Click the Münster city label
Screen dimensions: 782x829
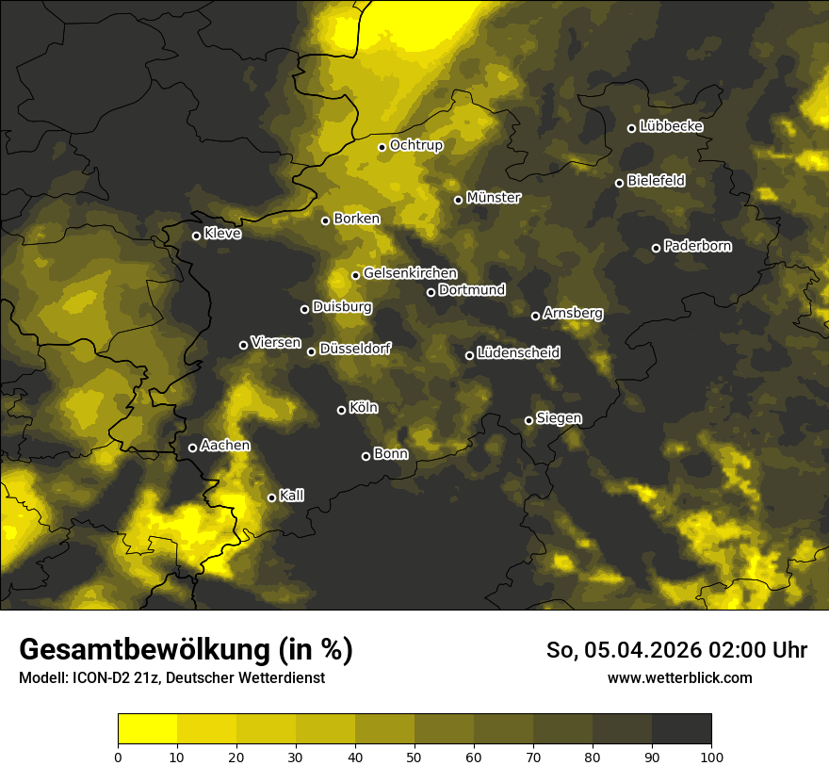[494, 198]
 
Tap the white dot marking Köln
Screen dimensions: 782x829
[341, 410]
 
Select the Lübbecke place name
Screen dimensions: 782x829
[671, 126]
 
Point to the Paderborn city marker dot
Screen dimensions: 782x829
[656, 248]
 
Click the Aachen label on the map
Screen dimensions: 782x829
[225, 446]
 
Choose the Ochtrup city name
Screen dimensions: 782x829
[416, 145]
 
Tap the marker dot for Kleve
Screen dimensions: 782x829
[196, 236]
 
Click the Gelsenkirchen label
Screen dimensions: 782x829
[410, 273]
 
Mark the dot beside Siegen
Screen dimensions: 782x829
[528, 420]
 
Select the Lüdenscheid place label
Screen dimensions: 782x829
[518, 353]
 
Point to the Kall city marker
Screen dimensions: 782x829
[271, 497]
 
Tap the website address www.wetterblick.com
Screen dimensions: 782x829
[679, 677]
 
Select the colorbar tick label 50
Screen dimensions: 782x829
[414, 756]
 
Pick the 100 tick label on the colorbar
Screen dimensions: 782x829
[711, 756]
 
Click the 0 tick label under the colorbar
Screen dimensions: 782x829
[118, 756]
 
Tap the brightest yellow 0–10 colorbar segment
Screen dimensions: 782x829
[147, 728]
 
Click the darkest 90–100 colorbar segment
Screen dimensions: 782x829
[681, 728]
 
